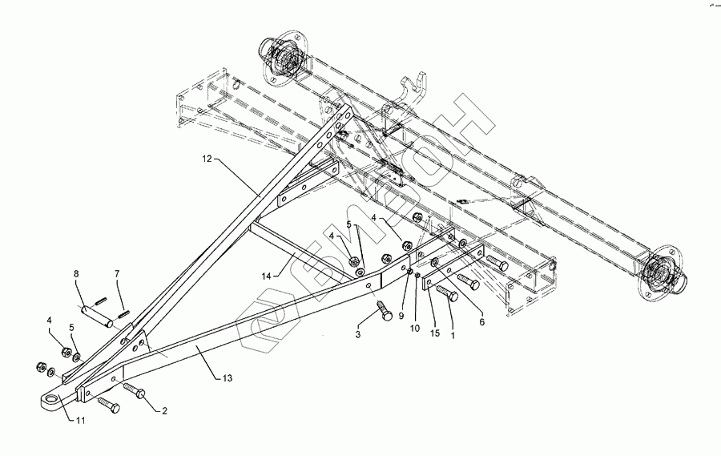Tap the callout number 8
pyautogui.click(x=76, y=274)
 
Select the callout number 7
pyautogui.click(x=117, y=274)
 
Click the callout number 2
pyautogui.click(x=163, y=411)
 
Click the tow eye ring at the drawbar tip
pyautogui.click(x=52, y=400)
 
